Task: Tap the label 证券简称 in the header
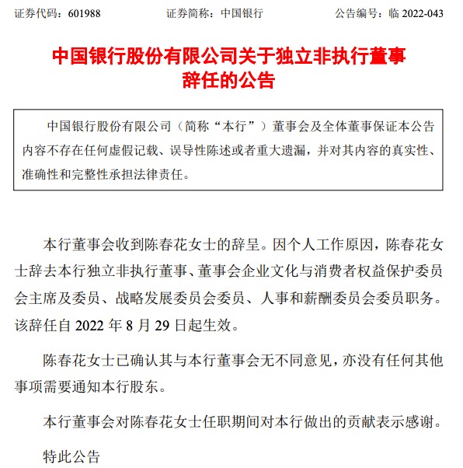(188, 13)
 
